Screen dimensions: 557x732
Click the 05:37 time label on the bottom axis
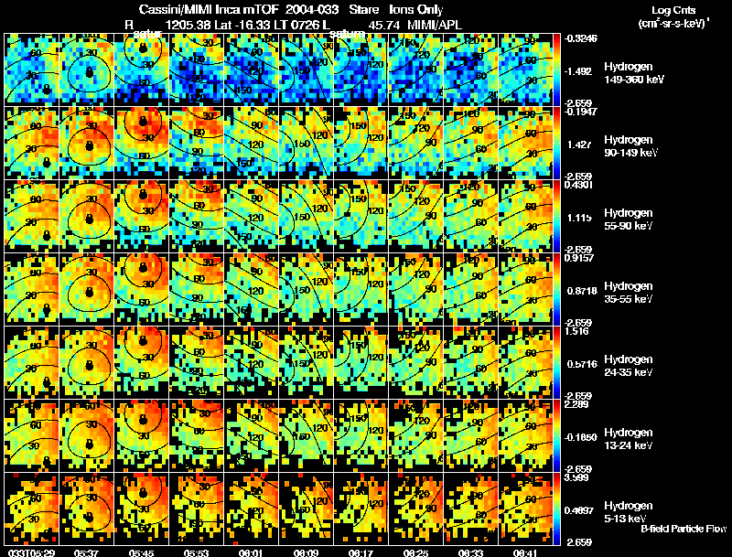[x=87, y=552]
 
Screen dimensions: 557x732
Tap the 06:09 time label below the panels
[x=306, y=552]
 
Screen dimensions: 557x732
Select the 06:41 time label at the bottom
[x=525, y=552]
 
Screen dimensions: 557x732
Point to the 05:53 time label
[x=196, y=552]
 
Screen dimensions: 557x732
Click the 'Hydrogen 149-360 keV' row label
[x=633, y=73]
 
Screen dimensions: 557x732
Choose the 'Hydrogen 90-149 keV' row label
[x=633, y=146]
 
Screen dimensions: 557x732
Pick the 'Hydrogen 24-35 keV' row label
[x=633, y=366]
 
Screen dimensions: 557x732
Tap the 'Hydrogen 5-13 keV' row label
[x=633, y=512]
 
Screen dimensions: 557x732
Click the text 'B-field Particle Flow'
[x=684, y=529]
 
